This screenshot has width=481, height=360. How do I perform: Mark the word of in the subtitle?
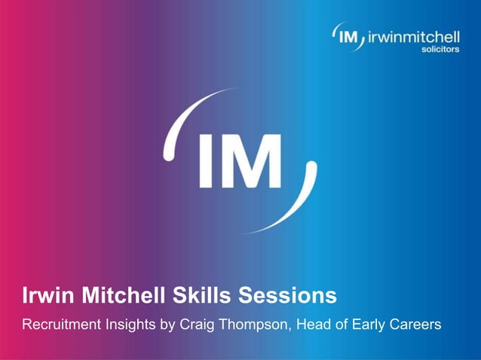click(x=341, y=325)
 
